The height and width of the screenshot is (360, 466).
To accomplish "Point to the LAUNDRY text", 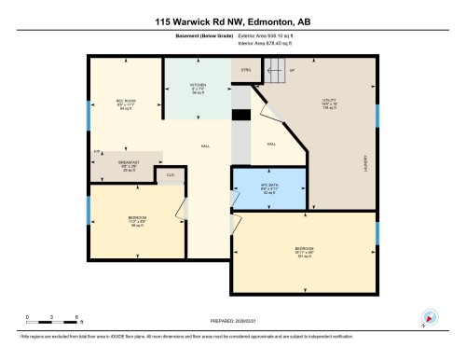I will (x=365, y=162).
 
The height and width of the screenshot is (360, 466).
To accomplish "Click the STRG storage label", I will (x=246, y=69).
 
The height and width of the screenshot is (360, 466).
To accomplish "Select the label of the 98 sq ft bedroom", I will (x=137, y=219).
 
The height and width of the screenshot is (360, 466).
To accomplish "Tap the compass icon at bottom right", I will (x=428, y=316).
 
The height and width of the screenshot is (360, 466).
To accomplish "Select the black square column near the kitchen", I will (x=240, y=114).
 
